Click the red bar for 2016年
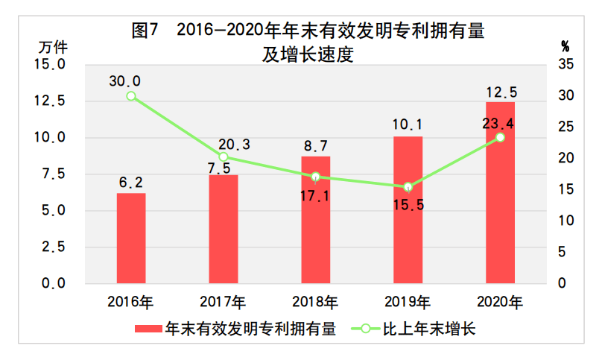131,238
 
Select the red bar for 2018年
315,220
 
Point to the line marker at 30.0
131,96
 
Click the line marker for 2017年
224,157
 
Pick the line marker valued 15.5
408,187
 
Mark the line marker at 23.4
500,137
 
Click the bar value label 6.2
131,181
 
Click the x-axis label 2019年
408,303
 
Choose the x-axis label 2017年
224,303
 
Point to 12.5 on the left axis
51,101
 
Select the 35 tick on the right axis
564,66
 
